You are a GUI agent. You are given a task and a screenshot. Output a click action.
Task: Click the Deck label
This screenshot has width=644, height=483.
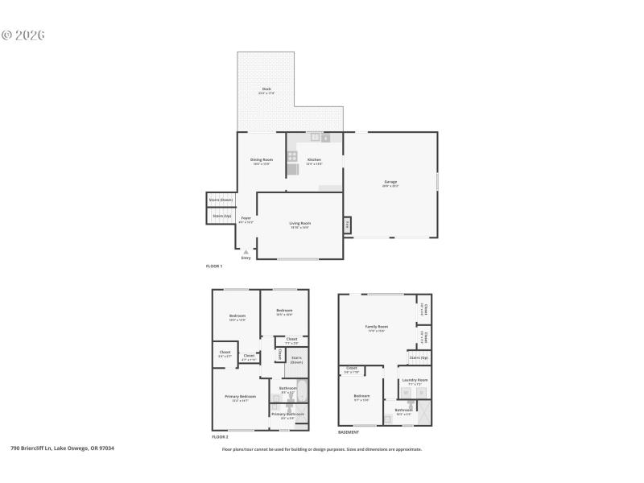266,90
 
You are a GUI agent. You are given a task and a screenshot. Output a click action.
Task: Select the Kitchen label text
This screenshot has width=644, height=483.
315,160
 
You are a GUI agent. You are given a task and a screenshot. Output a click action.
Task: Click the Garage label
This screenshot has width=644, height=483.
390,183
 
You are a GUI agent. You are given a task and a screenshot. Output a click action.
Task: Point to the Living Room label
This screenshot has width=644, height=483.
300,224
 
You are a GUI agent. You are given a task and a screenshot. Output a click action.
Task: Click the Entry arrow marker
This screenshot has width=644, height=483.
246,252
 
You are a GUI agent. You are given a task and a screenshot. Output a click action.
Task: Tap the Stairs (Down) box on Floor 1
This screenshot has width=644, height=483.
221,200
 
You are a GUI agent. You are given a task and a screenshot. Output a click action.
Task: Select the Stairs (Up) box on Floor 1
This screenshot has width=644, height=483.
221,216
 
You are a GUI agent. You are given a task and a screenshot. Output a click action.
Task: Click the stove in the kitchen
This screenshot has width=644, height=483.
292,156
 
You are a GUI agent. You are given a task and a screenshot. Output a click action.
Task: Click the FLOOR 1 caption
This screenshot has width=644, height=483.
214,266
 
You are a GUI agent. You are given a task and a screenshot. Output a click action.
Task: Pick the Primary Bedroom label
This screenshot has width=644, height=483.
241,397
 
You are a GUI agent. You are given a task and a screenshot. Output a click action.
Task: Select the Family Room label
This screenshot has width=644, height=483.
377,327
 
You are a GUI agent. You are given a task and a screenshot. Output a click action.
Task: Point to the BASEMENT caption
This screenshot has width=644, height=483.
348,432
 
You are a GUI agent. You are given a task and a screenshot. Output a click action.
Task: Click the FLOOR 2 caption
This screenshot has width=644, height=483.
220,436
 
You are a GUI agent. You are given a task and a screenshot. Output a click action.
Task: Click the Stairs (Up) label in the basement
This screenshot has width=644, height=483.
419,357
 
